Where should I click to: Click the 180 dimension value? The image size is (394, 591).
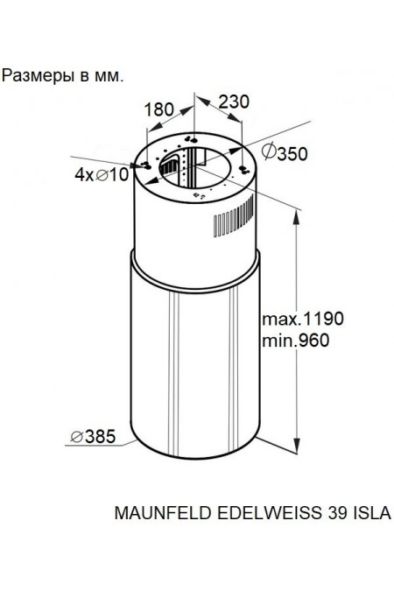click(158, 109)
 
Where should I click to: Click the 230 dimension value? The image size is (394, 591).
click(234, 102)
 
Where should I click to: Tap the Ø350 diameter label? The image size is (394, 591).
click(285, 153)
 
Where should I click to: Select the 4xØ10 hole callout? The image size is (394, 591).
click(102, 174)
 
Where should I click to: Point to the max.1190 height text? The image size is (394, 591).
click(303, 319)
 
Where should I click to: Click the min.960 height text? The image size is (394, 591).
click(296, 341)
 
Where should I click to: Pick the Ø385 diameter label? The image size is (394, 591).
click(93, 437)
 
